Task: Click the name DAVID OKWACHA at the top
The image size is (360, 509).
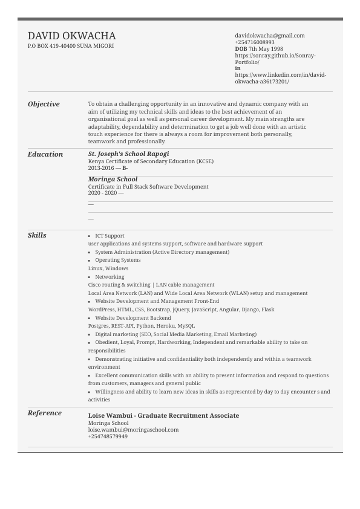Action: click(x=71, y=36)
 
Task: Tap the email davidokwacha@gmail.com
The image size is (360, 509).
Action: click(x=269, y=36)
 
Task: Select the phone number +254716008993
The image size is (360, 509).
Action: click(x=254, y=42)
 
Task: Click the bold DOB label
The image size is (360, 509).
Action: click(x=241, y=49)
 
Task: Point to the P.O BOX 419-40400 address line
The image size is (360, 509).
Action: click(x=70, y=46)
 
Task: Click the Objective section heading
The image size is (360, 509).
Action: click(x=44, y=104)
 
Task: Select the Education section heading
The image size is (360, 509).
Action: click(x=45, y=154)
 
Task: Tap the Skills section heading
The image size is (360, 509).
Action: click(x=37, y=235)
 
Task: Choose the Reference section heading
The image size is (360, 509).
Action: click(x=45, y=413)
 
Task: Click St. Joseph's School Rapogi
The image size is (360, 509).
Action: click(x=128, y=154)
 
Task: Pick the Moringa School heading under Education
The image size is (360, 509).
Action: click(x=113, y=180)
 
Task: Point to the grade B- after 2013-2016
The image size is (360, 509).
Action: click(x=125, y=168)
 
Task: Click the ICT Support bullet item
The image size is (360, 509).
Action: click(x=110, y=236)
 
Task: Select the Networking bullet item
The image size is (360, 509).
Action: click(x=110, y=277)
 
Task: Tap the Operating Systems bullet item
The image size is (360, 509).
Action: click(x=117, y=261)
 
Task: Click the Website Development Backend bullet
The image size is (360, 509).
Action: click(x=133, y=318)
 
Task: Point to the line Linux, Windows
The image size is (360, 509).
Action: click(x=108, y=268)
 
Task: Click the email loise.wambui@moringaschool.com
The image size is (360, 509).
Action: click(x=133, y=430)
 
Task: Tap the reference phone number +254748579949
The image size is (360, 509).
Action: click(x=108, y=436)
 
